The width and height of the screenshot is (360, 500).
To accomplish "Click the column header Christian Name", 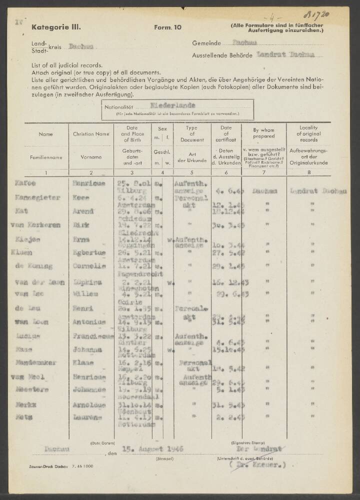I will pyautogui.click(x=90, y=134).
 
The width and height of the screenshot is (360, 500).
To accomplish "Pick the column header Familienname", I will pyautogui.click(x=46, y=157).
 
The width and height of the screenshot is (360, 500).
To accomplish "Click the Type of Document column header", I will pyautogui.click(x=191, y=134).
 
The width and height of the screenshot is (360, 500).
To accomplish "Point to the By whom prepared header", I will pyautogui.click(x=263, y=133).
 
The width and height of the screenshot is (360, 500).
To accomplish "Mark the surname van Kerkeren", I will pyautogui.click(x=38, y=225).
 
